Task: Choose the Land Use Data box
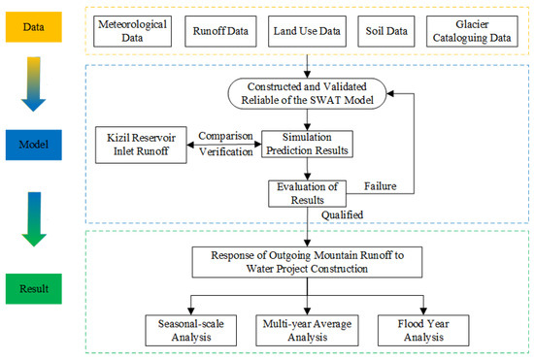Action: point(307,29)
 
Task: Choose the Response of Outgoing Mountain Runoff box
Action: point(308,263)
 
